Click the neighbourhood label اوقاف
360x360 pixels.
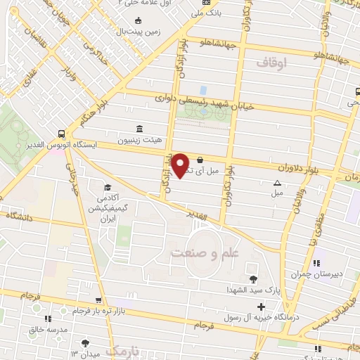tap(272, 63)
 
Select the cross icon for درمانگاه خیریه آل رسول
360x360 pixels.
tap(261, 307)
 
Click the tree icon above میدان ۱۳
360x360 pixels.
tap(85, 342)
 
